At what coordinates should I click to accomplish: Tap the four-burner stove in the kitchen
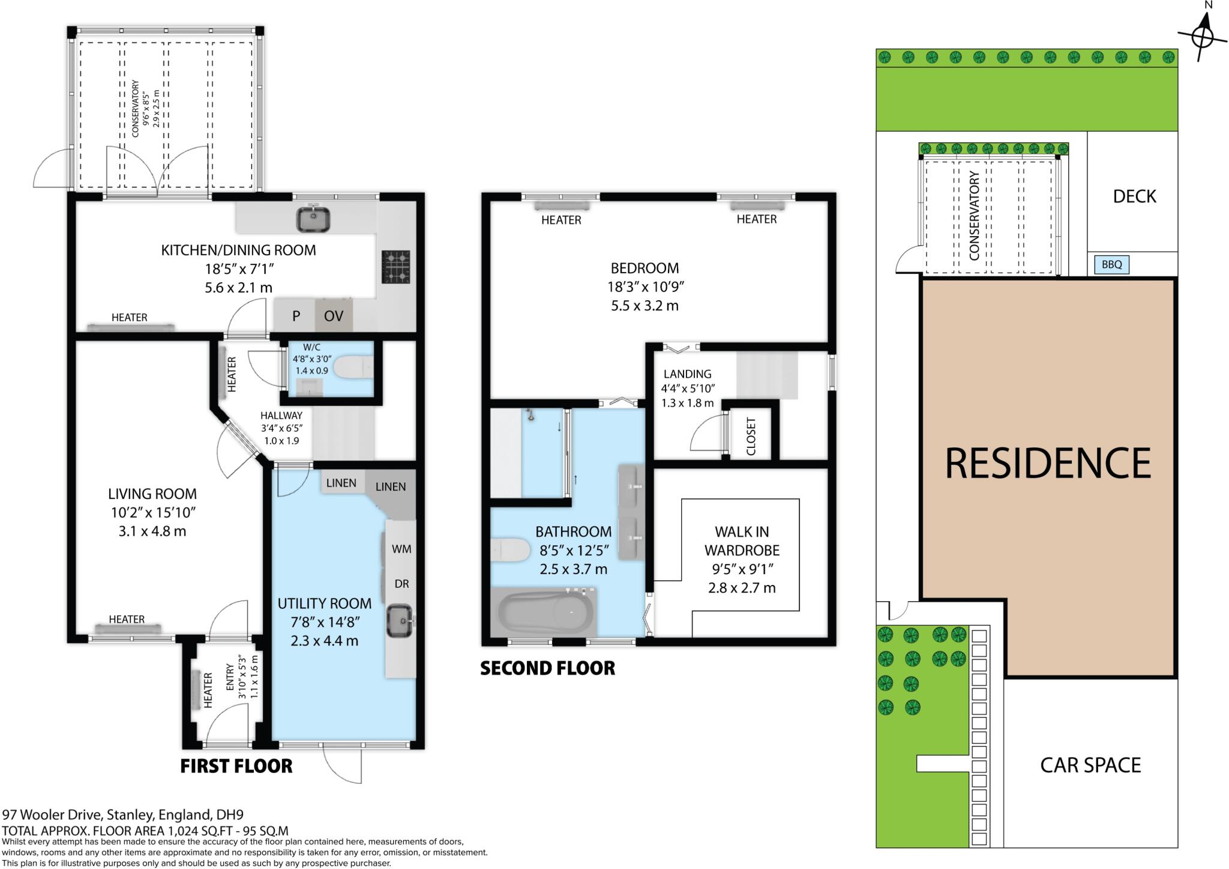[x=395, y=267]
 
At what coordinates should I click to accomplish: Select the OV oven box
[x=334, y=316]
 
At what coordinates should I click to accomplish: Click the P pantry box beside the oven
[x=296, y=316]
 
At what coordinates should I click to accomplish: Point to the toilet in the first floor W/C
[x=353, y=368]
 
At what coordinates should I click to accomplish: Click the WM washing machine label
[x=401, y=549]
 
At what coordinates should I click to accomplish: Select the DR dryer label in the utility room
[x=401, y=584]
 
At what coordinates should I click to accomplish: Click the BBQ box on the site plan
[x=1111, y=264]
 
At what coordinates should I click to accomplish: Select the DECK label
[x=1134, y=196]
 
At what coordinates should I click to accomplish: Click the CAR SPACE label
[x=1090, y=765]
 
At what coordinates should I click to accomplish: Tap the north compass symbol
[x=1202, y=38]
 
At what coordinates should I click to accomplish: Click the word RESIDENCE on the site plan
[x=1048, y=463]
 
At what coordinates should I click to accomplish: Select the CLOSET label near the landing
[x=751, y=437]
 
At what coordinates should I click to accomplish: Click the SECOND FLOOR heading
[x=547, y=668]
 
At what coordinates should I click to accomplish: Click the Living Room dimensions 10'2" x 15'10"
[x=152, y=513]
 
